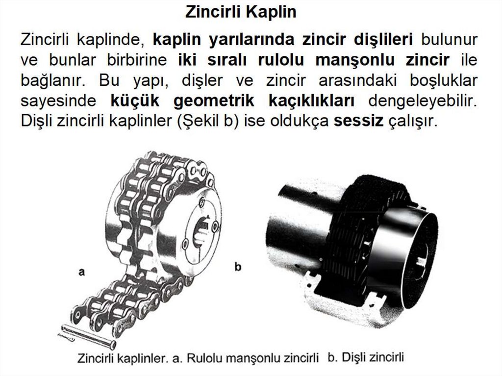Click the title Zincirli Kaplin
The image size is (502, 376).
pyautogui.click(x=241, y=12)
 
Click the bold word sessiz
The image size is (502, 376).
pyautogui.click(x=358, y=121)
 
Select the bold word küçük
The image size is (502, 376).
pyautogui.click(x=135, y=100)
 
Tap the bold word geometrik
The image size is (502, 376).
pyautogui.click(x=214, y=101)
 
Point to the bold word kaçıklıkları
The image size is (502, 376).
pyautogui.click(x=311, y=101)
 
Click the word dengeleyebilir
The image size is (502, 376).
pyautogui.click(x=423, y=101)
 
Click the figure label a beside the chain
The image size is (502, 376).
pyautogui.click(x=82, y=272)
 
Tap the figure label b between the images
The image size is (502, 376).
pyautogui.click(x=238, y=267)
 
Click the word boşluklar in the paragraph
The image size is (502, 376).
pyautogui.click(x=444, y=81)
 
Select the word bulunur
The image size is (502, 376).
pyautogui.click(x=450, y=40)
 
